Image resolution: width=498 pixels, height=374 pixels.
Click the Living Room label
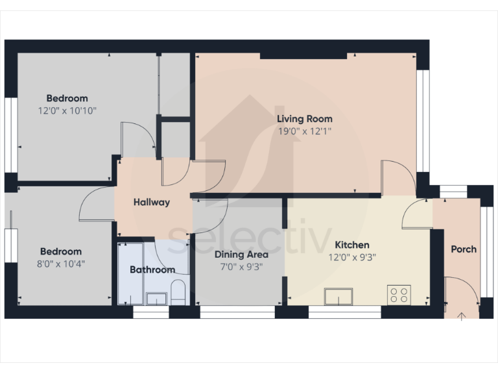305,119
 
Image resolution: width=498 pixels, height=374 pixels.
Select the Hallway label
152,202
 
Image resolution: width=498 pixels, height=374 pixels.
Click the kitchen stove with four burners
399,295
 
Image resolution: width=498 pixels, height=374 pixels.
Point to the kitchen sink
339,297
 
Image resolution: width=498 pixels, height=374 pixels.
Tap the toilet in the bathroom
178,292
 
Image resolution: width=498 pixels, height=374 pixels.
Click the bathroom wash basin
156,298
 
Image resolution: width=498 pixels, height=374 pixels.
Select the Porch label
464,249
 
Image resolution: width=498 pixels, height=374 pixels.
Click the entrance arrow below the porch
462,316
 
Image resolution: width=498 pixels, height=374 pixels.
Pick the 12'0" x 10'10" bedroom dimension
67,110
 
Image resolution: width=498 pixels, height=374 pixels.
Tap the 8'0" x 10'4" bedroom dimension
61,264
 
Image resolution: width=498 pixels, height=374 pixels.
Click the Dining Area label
241,255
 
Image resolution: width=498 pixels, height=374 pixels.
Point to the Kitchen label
352,245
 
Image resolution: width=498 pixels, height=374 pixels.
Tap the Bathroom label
152,269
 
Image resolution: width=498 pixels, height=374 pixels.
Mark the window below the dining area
237,312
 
